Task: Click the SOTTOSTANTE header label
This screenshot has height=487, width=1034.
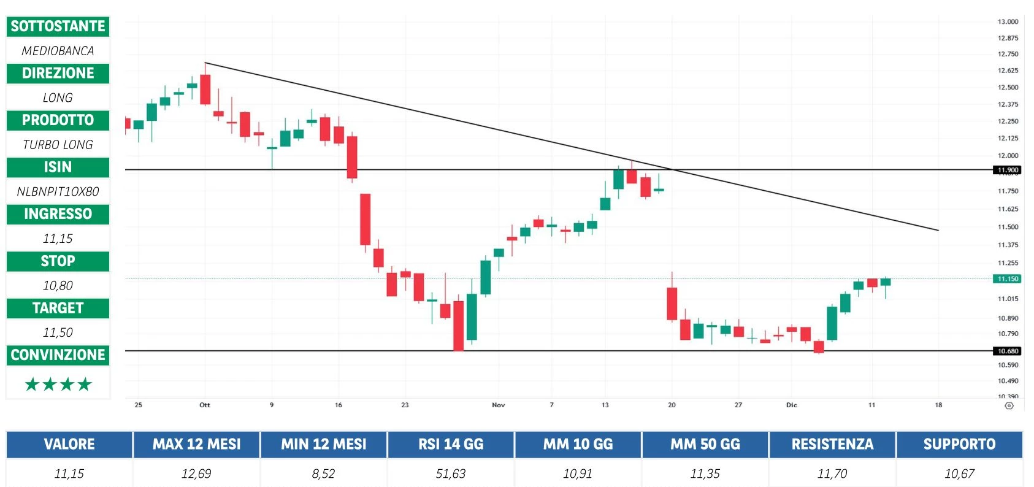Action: (58, 26)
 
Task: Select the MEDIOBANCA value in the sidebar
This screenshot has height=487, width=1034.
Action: (58, 51)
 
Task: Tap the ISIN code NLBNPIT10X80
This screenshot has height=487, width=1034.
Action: (58, 191)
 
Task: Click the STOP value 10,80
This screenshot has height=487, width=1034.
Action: (58, 285)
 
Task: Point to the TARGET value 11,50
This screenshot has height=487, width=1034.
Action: (58, 332)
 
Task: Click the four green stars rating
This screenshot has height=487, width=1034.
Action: (58, 385)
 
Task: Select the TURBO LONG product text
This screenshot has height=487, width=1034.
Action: (58, 145)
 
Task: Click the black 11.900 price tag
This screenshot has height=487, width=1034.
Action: (1008, 170)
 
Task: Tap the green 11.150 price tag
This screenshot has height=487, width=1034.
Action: (1008, 278)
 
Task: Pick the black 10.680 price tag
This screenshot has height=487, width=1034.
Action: (1008, 351)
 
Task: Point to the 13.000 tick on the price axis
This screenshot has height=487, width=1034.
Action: (1008, 21)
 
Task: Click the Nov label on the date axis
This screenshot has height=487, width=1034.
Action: (499, 405)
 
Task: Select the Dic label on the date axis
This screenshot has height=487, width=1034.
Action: (792, 405)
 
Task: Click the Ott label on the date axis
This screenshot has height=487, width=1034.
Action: (205, 405)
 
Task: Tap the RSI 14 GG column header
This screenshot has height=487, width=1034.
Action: (451, 444)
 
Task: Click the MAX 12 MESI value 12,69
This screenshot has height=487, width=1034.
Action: (196, 474)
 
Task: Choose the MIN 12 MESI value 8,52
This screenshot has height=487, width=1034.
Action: (324, 474)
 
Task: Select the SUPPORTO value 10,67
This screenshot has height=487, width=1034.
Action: (959, 474)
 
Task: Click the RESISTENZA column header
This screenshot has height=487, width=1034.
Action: (832, 444)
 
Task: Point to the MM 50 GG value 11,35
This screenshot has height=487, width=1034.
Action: (705, 474)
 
